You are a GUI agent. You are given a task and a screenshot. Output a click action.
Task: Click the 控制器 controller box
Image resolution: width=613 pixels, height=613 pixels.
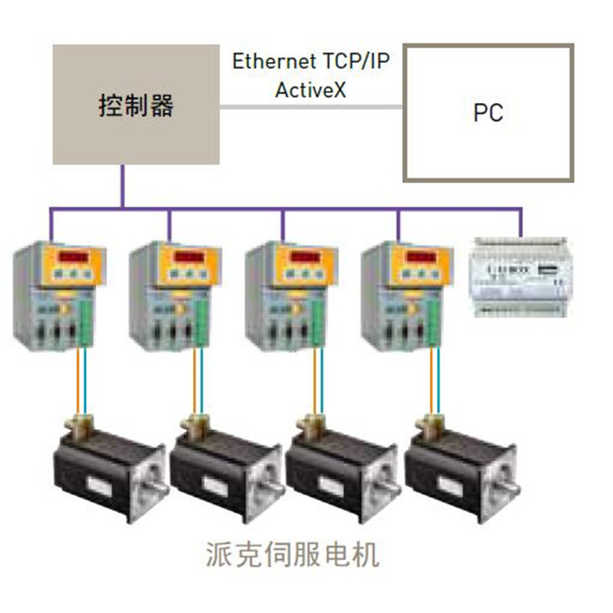(136, 105)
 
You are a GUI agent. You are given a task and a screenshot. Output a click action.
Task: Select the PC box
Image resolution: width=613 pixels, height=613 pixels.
(488, 113)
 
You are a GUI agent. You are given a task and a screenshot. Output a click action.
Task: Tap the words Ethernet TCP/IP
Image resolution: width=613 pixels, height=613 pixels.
(311, 61)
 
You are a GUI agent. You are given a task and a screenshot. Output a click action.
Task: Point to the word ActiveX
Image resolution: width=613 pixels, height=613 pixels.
(311, 90)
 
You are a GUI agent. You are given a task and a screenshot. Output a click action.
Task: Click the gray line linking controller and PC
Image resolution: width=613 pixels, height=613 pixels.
(311, 107)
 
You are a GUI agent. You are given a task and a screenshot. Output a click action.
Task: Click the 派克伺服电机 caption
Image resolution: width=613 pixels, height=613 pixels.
(293, 554)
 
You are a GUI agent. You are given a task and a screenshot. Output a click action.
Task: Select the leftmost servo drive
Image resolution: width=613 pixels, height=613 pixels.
(59, 297)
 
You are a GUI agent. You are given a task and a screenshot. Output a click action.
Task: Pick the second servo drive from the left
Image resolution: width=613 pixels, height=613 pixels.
(175, 297)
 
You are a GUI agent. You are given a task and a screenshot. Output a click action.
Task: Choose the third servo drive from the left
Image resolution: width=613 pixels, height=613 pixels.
(291, 297)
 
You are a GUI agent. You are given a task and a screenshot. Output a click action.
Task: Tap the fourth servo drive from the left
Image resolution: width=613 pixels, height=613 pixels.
(407, 297)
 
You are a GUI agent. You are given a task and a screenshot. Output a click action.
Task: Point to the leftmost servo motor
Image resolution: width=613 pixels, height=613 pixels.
(111, 469)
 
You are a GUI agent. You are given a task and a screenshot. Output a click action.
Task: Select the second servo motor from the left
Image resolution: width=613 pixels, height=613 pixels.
(226, 469)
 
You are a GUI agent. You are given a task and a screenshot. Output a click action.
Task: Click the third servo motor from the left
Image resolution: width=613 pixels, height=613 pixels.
(343, 469)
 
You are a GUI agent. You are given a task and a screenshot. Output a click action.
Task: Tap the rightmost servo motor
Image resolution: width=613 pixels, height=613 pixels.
(462, 469)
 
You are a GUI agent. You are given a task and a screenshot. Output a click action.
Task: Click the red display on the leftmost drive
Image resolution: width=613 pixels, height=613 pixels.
(74, 257)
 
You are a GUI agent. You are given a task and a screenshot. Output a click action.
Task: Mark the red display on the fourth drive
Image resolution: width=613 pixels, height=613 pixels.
(422, 257)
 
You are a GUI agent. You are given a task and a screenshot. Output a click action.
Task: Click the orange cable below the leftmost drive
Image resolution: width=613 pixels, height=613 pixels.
(78, 380)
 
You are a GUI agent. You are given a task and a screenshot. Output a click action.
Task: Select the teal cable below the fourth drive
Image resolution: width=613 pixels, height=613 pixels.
(438, 380)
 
